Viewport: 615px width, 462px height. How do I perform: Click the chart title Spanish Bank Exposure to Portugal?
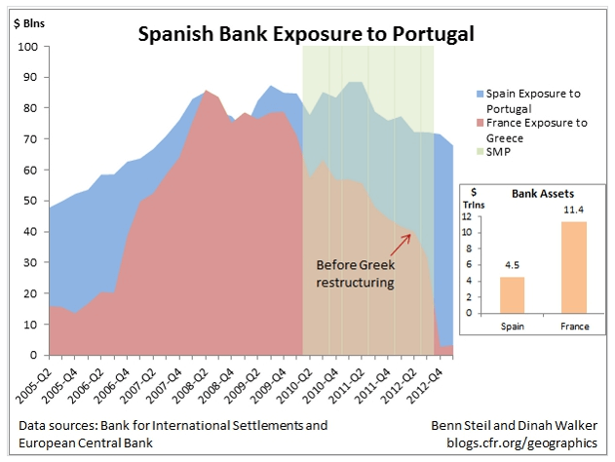coord(306,35)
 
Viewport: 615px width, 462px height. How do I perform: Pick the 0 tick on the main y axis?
coord(35,356)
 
